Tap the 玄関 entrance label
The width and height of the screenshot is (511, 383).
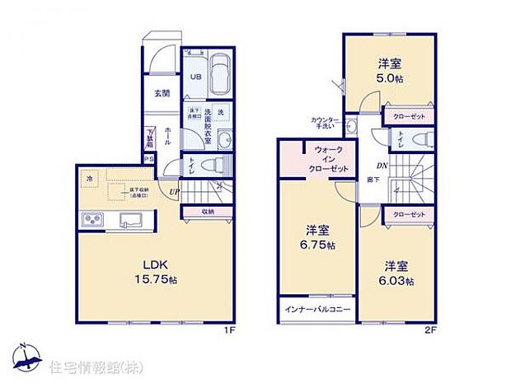(x=162, y=93)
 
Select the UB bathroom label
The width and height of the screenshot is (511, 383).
(x=196, y=77)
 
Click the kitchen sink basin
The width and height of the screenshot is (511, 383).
(x=133, y=220)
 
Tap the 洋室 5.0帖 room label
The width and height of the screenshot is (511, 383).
(x=390, y=69)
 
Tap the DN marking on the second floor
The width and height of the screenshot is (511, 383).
(x=372, y=164)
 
